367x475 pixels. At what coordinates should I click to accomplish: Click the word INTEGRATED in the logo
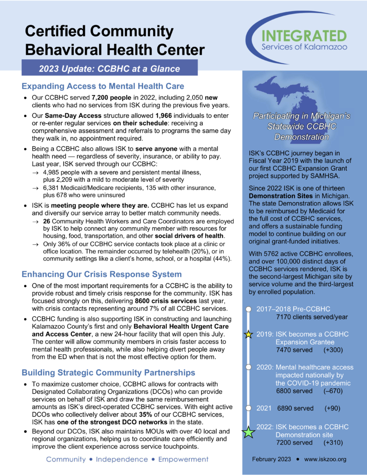303,36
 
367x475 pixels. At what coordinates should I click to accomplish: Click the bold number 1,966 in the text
168,115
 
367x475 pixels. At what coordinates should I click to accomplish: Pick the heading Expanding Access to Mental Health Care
103,86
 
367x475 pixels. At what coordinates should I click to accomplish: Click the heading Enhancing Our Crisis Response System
102,274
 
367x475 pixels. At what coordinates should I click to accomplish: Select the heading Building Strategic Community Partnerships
108,372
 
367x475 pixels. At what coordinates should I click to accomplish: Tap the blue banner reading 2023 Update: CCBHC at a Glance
109,69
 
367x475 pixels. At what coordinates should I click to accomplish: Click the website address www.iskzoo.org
325,459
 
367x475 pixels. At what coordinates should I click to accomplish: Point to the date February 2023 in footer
271,459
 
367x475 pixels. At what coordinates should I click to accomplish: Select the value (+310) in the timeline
333,443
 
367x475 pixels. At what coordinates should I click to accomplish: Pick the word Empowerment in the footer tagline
183,459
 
